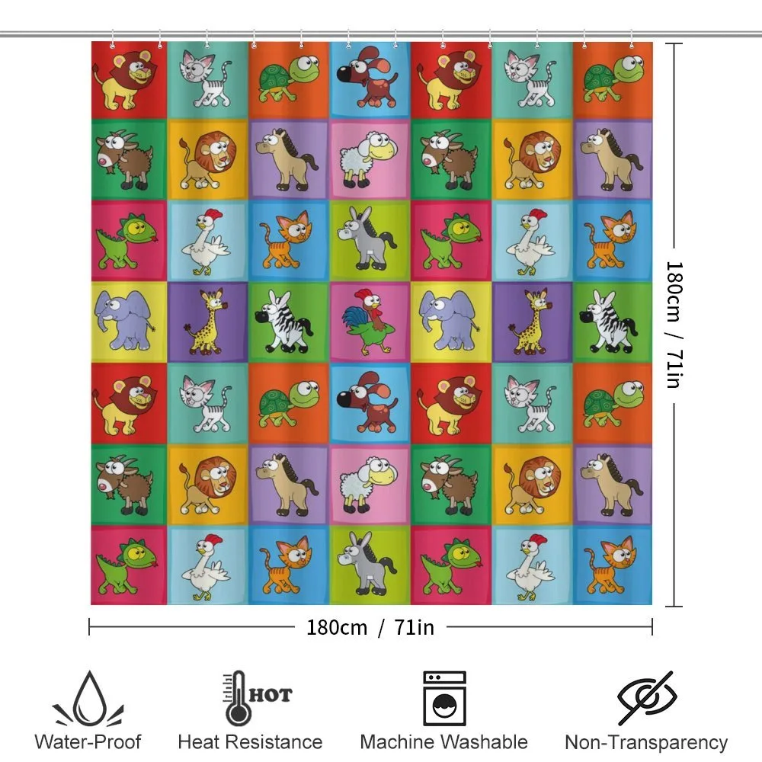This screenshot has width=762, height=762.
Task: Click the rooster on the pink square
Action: [369, 321]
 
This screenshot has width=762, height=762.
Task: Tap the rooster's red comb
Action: [362, 295]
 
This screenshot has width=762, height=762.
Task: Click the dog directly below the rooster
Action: [367, 402]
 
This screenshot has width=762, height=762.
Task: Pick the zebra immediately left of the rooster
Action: [284, 322]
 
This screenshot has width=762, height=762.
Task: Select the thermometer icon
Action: [237, 698]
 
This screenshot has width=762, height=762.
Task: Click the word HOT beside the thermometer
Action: [271, 695]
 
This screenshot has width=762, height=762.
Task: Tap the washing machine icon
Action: [444, 698]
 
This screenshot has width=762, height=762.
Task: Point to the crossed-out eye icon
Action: [647, 698]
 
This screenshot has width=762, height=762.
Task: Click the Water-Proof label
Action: [88, 742]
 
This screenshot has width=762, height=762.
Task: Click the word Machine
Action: [395, 742]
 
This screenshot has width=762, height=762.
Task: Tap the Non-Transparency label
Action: [646, 743]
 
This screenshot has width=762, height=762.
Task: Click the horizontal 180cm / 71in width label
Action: [370, 627]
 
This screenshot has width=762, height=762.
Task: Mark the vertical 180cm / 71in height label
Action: [674, 325]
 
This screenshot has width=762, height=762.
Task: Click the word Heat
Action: [199, 742]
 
